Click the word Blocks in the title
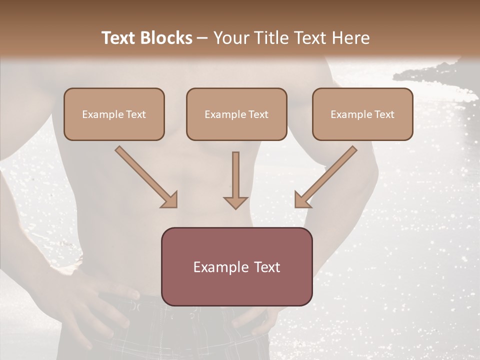pos(168,38)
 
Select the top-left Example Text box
pos(114,114)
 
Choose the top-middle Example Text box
pos(236,114)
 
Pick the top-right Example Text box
pos(362,114)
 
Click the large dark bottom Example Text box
pos(236,267)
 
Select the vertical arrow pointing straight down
pos(235,177)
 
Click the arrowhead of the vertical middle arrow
pos(235,202)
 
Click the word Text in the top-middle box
pos(258,114)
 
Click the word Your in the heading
pos(228,38)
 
